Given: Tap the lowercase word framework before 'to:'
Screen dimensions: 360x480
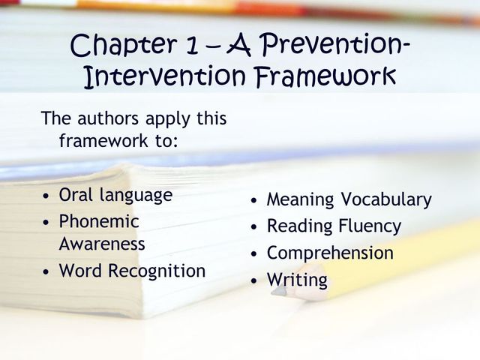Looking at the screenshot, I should pyautogui.click(x=104, y=140).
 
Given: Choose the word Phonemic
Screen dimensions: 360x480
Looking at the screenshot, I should pyautogui.click(x=99, y=221).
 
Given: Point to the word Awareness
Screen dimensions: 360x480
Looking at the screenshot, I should pyautogui.click(x=102, y=244).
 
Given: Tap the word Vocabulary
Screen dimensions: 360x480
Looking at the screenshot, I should pyautogui.click(x=386, y=200).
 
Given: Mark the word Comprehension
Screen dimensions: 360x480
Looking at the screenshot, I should pyautogui.click(x=330, y=253).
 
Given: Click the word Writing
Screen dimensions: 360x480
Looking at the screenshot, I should pyautogui.click(x=297, y=280).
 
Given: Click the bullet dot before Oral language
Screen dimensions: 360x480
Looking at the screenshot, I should pyautogui.click(x=47, y=196).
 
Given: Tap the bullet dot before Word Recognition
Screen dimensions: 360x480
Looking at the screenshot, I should pyautogui.click(x=47, y=271).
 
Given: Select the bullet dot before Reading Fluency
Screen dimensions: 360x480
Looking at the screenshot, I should pyautogui.click(x=255, y=226).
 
